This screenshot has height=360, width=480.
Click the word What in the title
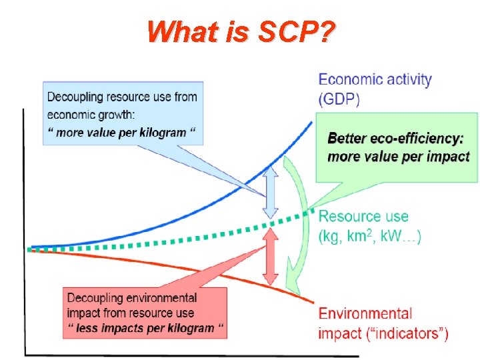point(175,32)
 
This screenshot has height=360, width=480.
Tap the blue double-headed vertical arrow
point(269,191)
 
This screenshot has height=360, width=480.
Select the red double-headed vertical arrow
point(269,257)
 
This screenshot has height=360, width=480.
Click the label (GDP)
point(339,99)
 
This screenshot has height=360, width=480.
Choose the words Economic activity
point(375,80)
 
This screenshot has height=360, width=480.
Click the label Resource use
point(363,217)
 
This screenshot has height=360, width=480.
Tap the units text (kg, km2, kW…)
point(370,235)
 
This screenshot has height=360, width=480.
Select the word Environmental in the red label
point(365,313)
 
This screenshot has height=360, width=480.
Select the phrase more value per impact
point(399,157)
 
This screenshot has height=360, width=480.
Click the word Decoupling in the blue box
point(75,97)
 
